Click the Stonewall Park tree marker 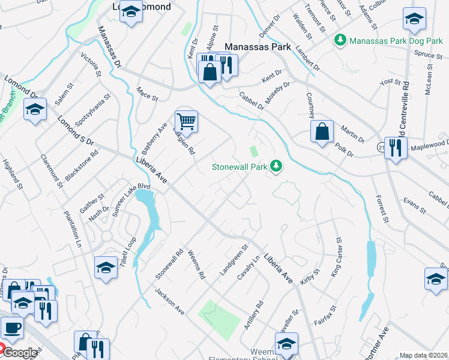276,166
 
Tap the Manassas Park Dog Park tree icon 341,40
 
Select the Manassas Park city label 258,47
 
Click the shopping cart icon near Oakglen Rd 187,122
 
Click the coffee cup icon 12,328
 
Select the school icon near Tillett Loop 106,267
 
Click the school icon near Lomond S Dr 35,110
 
